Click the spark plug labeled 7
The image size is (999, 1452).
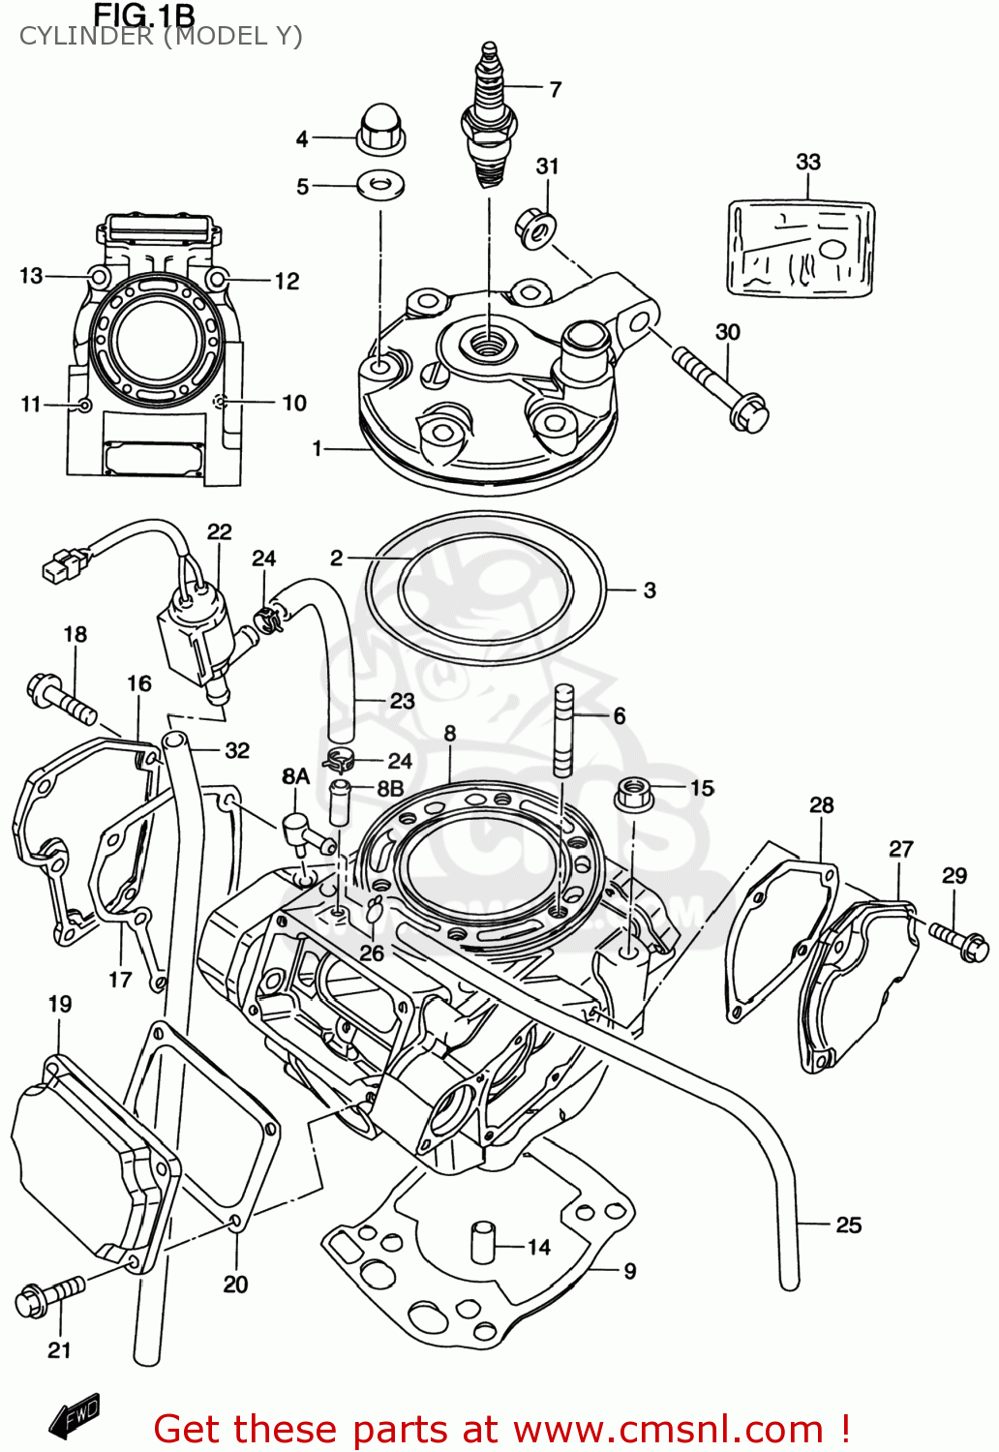(490, 116)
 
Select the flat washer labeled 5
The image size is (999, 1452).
(380, 183)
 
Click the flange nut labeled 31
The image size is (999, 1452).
(536, 227)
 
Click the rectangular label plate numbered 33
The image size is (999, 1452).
(801, 248)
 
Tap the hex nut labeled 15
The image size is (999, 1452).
(633, 793)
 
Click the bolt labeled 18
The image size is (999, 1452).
(60, 698)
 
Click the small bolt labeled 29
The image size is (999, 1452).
(959, 940)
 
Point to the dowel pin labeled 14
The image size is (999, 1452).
(483, 1242)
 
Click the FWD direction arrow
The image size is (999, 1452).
(75, 1417)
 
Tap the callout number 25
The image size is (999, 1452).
(848, 1225)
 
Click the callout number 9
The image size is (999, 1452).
(629, 1271)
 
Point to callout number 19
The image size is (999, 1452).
(60, 1004)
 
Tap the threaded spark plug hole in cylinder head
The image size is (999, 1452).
(486, 341)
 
